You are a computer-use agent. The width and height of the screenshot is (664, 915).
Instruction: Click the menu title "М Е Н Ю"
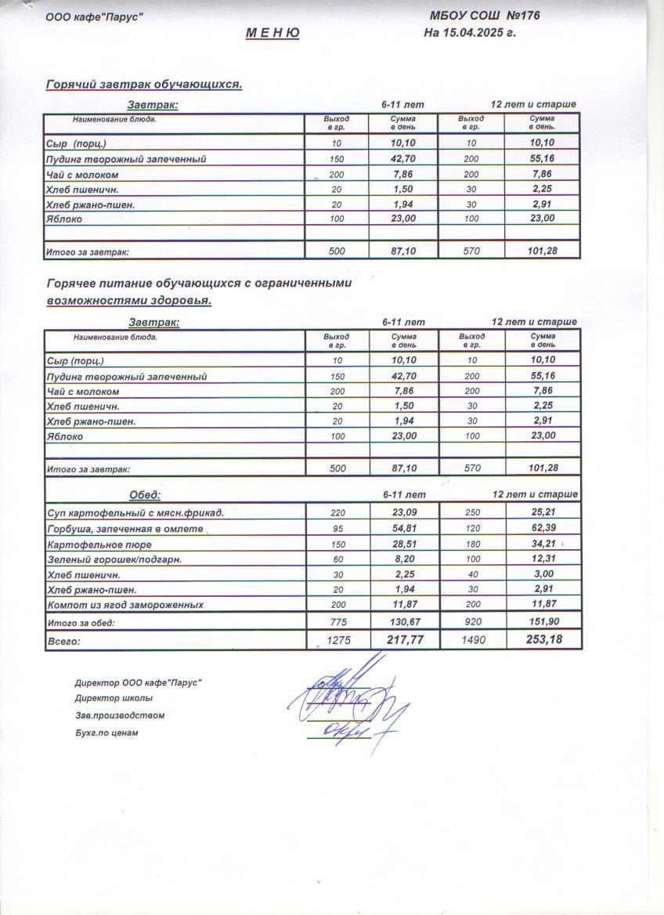(x=272, y=33)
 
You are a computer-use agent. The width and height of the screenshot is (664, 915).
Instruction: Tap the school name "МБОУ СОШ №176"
(x=485, y=16)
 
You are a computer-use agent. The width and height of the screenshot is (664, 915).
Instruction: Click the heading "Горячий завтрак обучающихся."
(x=144, y=85)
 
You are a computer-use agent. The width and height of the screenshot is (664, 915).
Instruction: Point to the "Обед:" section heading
(x=145, y=495)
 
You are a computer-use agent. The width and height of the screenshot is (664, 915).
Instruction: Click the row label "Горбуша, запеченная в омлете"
(x=125, y=530)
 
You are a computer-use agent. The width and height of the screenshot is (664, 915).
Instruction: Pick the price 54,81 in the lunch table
(x=404, y=529)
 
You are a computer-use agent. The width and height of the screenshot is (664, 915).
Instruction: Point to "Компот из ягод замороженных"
(x=125, y=605)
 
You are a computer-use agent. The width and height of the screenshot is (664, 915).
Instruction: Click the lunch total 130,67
(x=404, y=622)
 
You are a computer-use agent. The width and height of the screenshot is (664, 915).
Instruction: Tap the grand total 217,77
(x=404, y=640)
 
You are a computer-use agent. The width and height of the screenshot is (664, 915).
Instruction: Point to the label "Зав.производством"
(x=120, y=715)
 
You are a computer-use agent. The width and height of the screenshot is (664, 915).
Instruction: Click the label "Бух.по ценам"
(x=106, y=733)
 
